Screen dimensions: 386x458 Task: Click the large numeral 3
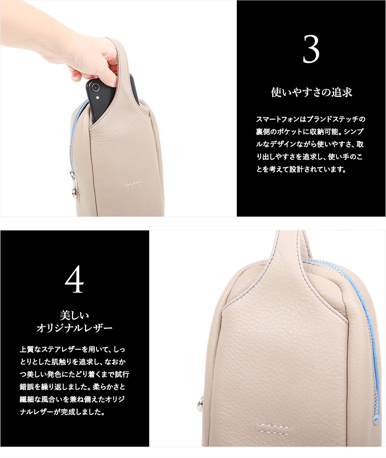pos(311,49)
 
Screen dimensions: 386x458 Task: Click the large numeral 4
pos(75,279)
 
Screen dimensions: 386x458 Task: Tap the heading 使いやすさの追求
pos(311,92)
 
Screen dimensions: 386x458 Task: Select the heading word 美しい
pos(75,315)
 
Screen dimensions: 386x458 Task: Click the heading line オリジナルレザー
pos(75,328)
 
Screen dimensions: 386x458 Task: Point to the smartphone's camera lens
pos(95,87)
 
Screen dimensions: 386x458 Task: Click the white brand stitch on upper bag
pos(134,185)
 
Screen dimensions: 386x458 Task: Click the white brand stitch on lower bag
pos(273,428)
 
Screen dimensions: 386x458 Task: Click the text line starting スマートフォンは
pos(310,119)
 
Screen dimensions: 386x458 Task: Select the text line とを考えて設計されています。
pos(301,169)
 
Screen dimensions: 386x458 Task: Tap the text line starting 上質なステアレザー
pos(72,349)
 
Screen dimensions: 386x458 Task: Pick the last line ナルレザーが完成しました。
pos(62,412)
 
